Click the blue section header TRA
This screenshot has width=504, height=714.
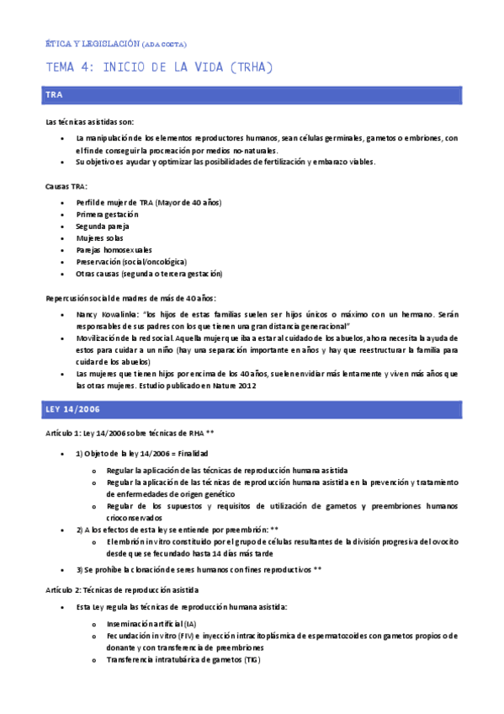point(55,96)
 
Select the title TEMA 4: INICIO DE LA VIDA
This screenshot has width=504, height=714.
point(159,67)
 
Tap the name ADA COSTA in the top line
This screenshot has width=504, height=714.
point(165,44)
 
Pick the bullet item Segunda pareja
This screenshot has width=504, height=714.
point(103,226)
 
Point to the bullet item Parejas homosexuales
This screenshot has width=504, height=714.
point(114,250)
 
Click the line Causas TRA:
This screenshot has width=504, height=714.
point(66,186)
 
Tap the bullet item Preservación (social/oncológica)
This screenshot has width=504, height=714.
point(131,262)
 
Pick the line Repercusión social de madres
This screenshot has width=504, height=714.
point(130,297)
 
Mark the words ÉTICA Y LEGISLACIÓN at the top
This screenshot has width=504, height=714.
point(92,44)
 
